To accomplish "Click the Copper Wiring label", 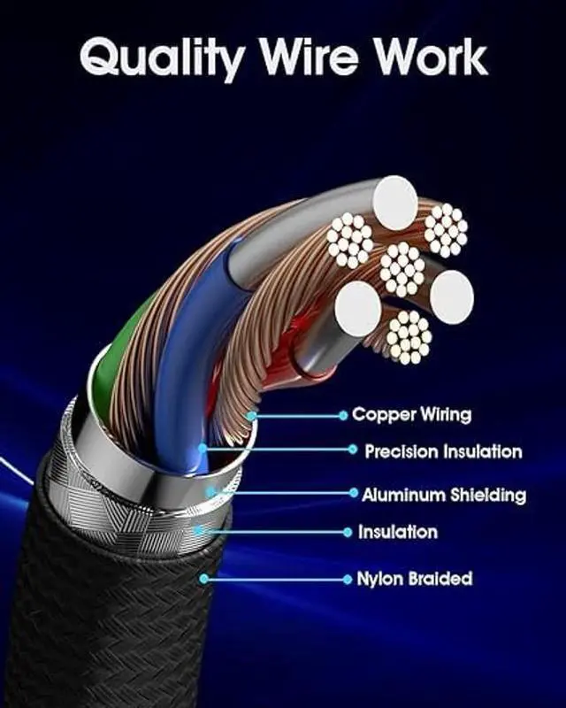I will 411,414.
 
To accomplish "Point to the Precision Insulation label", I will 443,451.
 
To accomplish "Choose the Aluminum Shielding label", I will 443,494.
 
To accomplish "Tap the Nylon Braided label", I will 414,579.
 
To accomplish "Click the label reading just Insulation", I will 397,532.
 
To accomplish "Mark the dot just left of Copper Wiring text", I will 342,414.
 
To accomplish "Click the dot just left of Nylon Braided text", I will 347,580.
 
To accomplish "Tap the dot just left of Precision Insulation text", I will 354,450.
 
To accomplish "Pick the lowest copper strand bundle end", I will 409,336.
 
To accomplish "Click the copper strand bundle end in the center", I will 402,268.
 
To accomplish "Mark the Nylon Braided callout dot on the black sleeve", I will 204,579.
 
